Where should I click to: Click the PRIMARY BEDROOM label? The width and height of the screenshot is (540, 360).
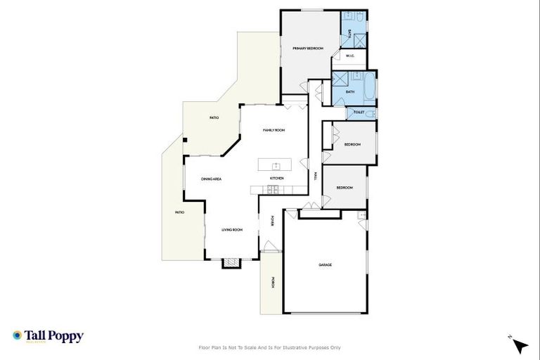pyautogui.click(x=308, y=48)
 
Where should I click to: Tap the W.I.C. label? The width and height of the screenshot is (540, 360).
pyautogui.click(x=349, y=56)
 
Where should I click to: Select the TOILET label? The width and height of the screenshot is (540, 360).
pyautogui.click(x=359, y=112)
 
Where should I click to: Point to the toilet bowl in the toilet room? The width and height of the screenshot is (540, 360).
pyautogui.click(x=371, y=113)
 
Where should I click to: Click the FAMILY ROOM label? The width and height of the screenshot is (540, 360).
pyautogui.click(x=274, y=130)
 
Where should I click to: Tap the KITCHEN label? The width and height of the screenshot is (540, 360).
pyautogui.click(x=276, y=179)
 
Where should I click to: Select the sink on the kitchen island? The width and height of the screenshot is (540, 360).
pyautogui.click(x=276, y=166)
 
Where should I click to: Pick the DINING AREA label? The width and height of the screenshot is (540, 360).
pyautogui.click(x=212, y=179)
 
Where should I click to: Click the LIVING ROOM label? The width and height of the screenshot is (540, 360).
pyautogui.click(x=232, y=230)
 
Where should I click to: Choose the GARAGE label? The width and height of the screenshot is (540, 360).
pyautogui.click(x=325, y=265)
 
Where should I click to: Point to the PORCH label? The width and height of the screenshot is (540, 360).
pyautogui.click(x=271, y=283)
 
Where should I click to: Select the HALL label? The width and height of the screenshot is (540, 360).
pyautogui.click(x=316, y=176)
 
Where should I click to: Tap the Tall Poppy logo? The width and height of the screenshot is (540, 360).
pyautogui.click(x=48, y=336)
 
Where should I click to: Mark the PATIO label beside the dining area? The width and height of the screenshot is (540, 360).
pyautogui.click(x=179, y=212)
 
